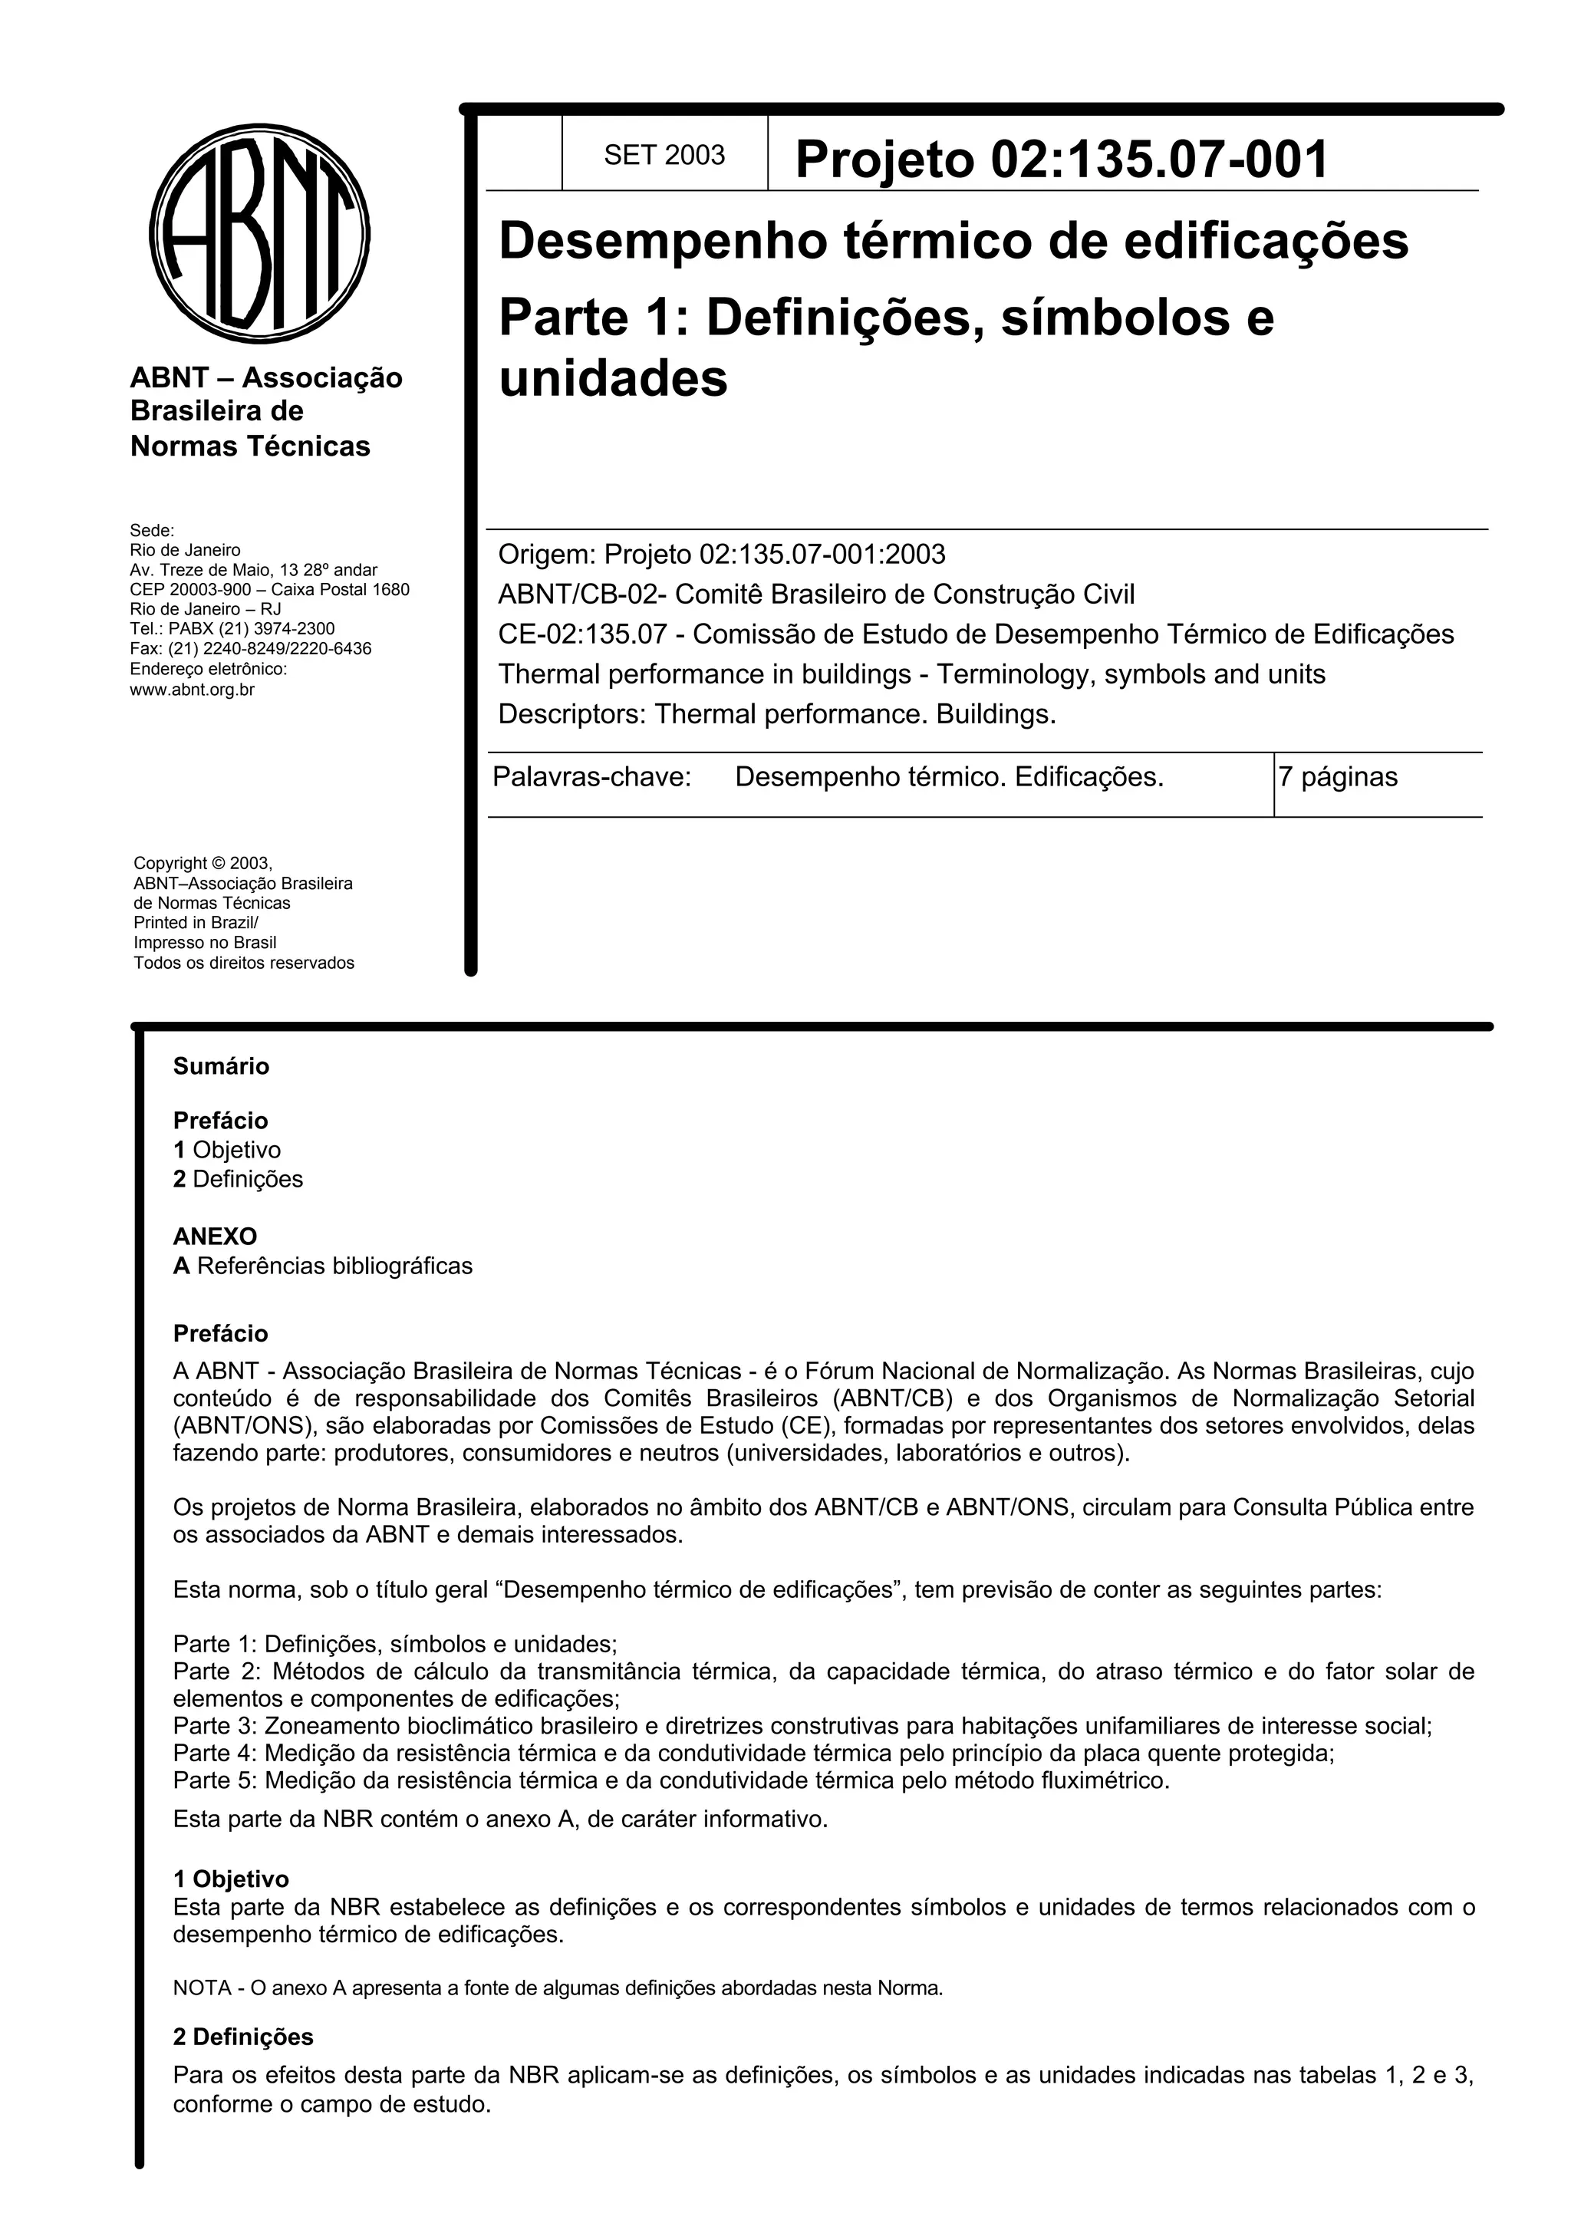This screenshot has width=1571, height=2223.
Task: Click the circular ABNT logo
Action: pos(259,233)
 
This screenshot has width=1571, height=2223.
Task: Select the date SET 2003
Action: pos(664,155)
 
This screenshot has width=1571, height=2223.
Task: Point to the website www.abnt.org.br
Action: pos(192,690)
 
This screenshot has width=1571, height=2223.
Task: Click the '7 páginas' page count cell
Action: pos(1338,778)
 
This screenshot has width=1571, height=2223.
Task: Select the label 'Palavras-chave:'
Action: pos(591,778)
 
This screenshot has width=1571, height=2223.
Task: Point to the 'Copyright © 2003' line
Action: pos(203,863)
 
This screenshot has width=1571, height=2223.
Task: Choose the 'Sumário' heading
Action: pos(221,1066)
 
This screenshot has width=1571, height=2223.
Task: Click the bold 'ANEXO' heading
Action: pos(215,1237)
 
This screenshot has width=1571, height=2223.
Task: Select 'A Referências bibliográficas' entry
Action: pos(322,1266)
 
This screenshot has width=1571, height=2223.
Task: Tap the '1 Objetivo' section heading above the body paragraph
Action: pos(230,1879)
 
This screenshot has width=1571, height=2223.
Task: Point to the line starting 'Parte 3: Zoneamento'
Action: pos(802,1725)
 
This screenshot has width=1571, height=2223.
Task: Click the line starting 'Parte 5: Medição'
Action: pos(670,1780)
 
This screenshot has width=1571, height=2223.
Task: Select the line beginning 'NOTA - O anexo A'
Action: pos(558,1988)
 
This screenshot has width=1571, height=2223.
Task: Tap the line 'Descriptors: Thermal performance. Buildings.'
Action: pos(776,715)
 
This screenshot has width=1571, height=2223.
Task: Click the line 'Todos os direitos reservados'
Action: pos(244,963)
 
